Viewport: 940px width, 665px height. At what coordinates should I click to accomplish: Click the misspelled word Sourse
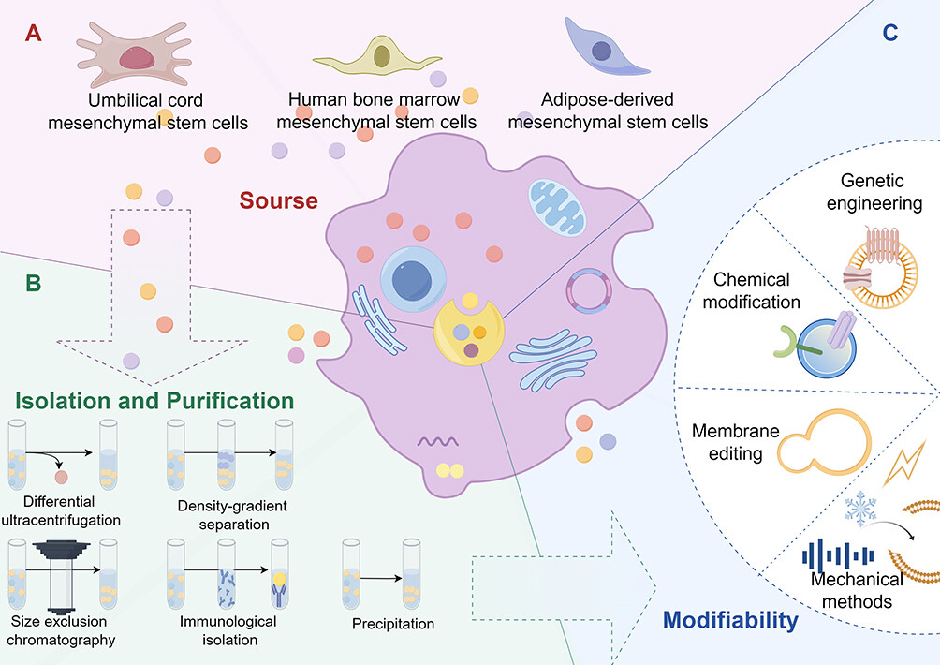(278, 200)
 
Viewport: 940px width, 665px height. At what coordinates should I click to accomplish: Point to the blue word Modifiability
(731, 619)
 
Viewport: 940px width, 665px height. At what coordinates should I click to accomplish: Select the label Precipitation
(393, 623)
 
